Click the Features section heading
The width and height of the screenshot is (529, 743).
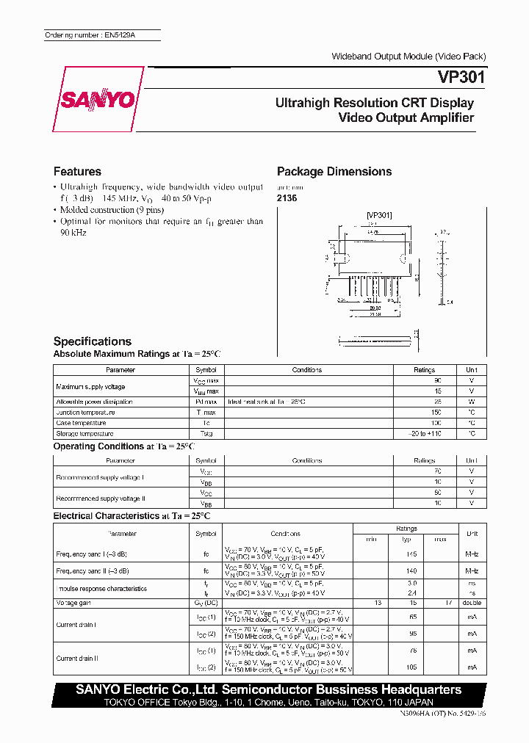77,171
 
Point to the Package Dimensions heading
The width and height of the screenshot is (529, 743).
334,171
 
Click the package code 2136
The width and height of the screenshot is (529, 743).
287,198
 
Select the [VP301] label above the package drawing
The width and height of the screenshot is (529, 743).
379,215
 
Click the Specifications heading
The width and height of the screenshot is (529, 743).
93,341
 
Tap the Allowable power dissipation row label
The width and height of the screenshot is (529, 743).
94,402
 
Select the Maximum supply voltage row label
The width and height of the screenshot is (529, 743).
90,386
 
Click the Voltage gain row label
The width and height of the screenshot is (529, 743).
73,603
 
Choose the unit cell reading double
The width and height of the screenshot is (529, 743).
471,603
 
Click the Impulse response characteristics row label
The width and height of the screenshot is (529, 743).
101,589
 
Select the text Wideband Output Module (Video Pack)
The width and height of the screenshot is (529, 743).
409,57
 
